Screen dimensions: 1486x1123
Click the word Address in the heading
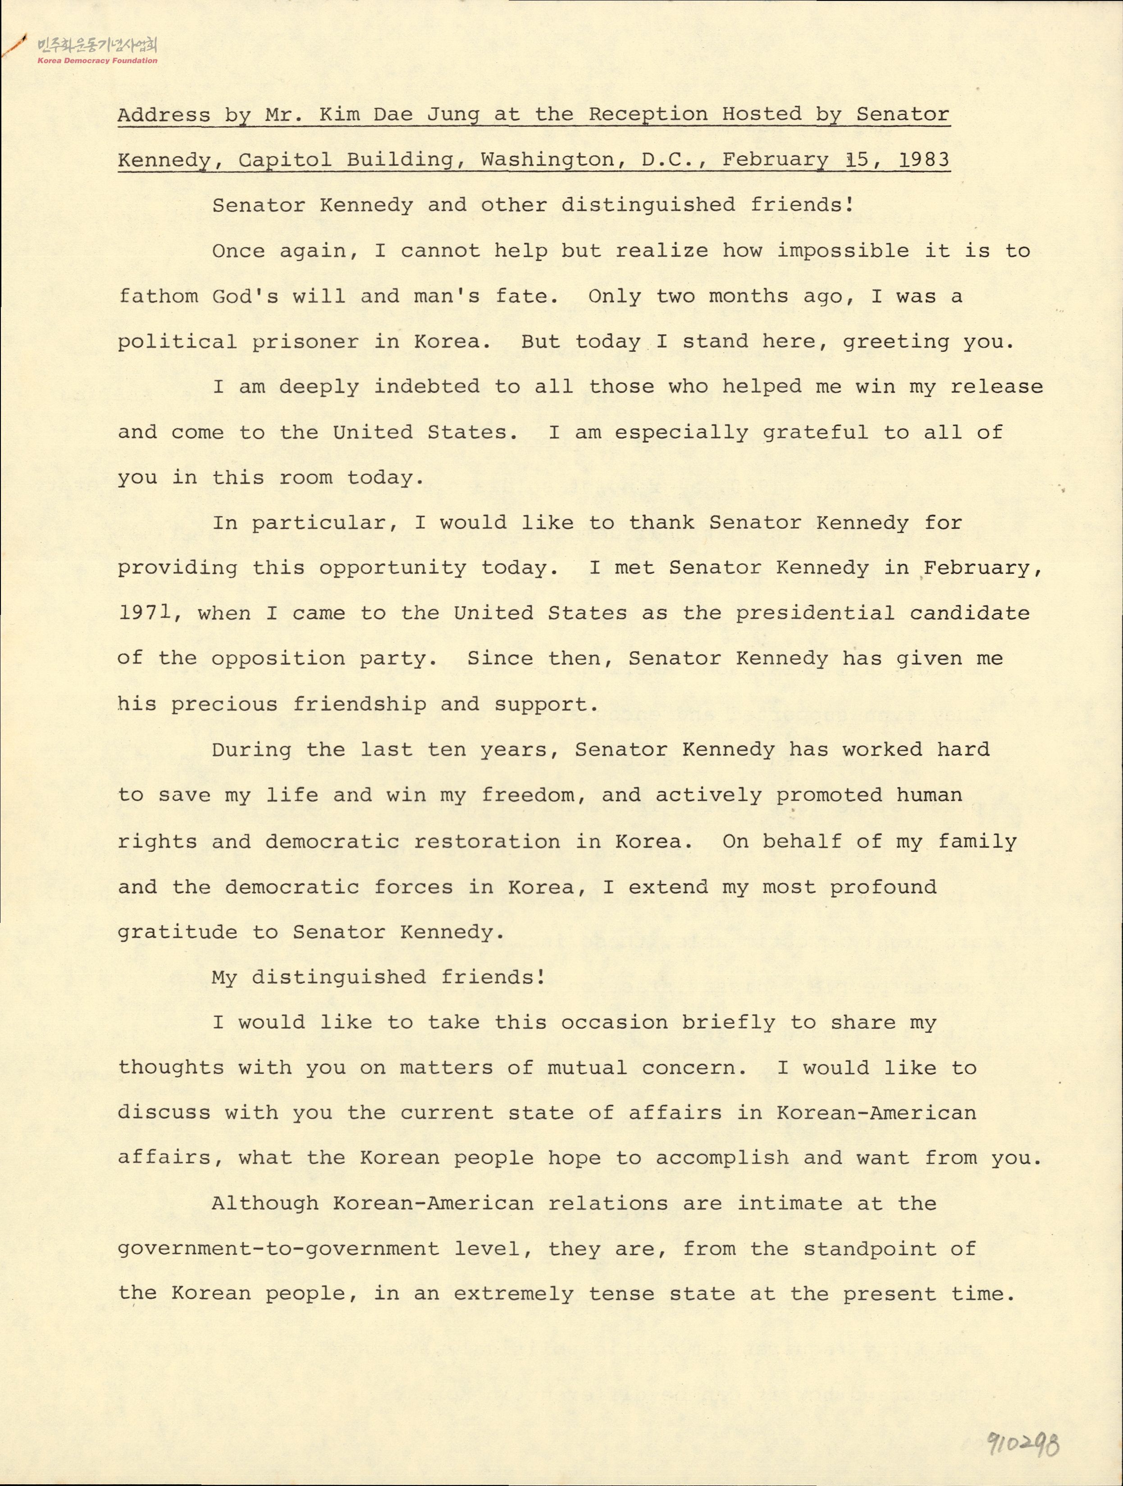click(164, 115)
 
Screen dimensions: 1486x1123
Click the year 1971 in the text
click(144, 613)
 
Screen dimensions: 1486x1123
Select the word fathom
click(158, 296)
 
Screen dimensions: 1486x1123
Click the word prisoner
click(306, 342)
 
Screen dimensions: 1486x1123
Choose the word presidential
click(815, 613)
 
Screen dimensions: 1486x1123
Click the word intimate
click(789, 1203)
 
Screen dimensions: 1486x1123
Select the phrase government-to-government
click(279, 1249)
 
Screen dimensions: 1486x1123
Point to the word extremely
click(514, 1294)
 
